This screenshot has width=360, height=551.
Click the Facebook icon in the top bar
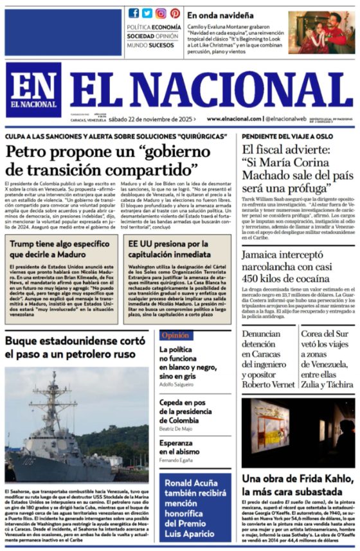tap(134, 13)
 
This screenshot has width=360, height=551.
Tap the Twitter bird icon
tap(147, 13)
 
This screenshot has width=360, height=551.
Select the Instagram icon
tap(161, 13)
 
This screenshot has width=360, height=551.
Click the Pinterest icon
tap(175, 13)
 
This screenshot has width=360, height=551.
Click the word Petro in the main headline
tap(30, 154)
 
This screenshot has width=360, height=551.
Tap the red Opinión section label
tap(175, 335)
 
